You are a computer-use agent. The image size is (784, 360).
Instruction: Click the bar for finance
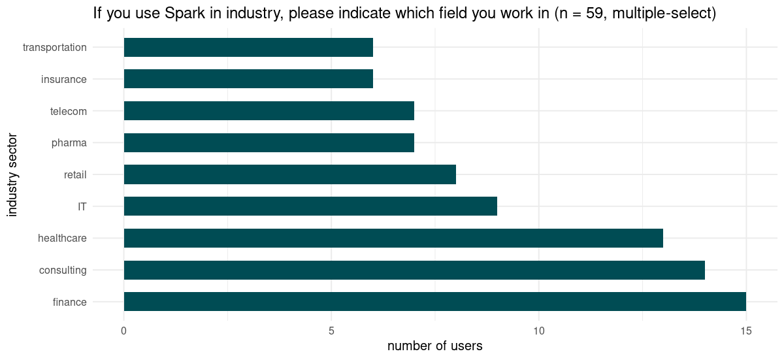coord(434,301)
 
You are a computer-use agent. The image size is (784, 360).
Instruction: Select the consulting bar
coord(414,270)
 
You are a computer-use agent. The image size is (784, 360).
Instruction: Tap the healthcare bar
coord(393,238)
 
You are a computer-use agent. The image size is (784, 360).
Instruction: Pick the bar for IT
coord(310,206)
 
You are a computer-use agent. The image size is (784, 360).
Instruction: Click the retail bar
coord(289,174)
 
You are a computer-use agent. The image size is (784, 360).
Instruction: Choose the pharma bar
coord(269,142)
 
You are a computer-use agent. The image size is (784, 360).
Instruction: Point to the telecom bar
coord(269,111)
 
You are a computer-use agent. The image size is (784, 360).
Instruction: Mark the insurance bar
coord(248,79)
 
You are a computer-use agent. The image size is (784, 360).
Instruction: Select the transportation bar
coord(248,47)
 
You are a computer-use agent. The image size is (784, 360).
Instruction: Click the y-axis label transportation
coord(54,47)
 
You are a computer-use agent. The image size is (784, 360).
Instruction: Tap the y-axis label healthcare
coord(62,238)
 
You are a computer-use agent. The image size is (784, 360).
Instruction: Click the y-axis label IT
coord(82,206)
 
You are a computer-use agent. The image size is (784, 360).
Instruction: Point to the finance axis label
coord(69,301)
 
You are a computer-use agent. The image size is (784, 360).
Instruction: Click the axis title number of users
coord(434,346)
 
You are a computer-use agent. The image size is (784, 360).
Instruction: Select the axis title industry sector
coord(12,174)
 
